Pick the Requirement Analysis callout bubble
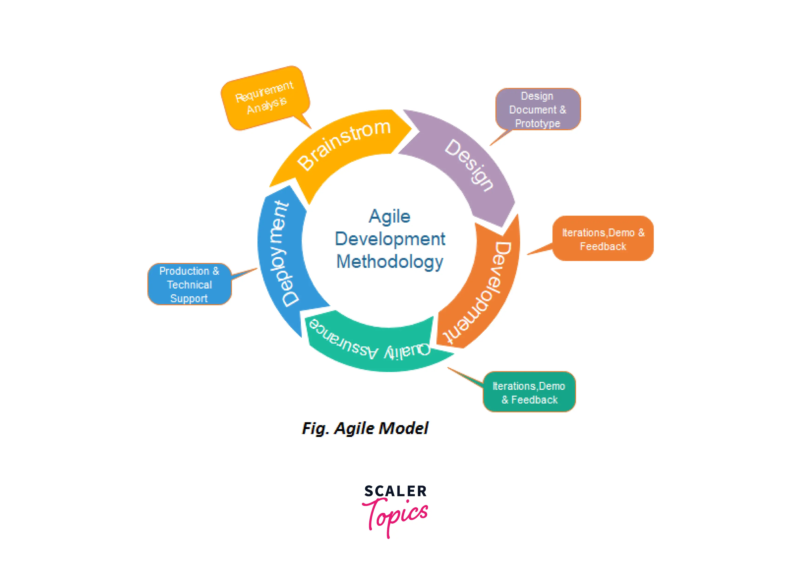point(265,97)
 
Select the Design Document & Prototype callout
point(538,110)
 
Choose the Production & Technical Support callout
point(190,285)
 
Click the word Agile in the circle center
point(390,216)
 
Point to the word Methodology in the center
point(390,262)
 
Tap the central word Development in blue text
point(390,239)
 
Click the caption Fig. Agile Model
point(365,428)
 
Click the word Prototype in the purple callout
point(538,123)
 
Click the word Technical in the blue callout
point(190,285)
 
